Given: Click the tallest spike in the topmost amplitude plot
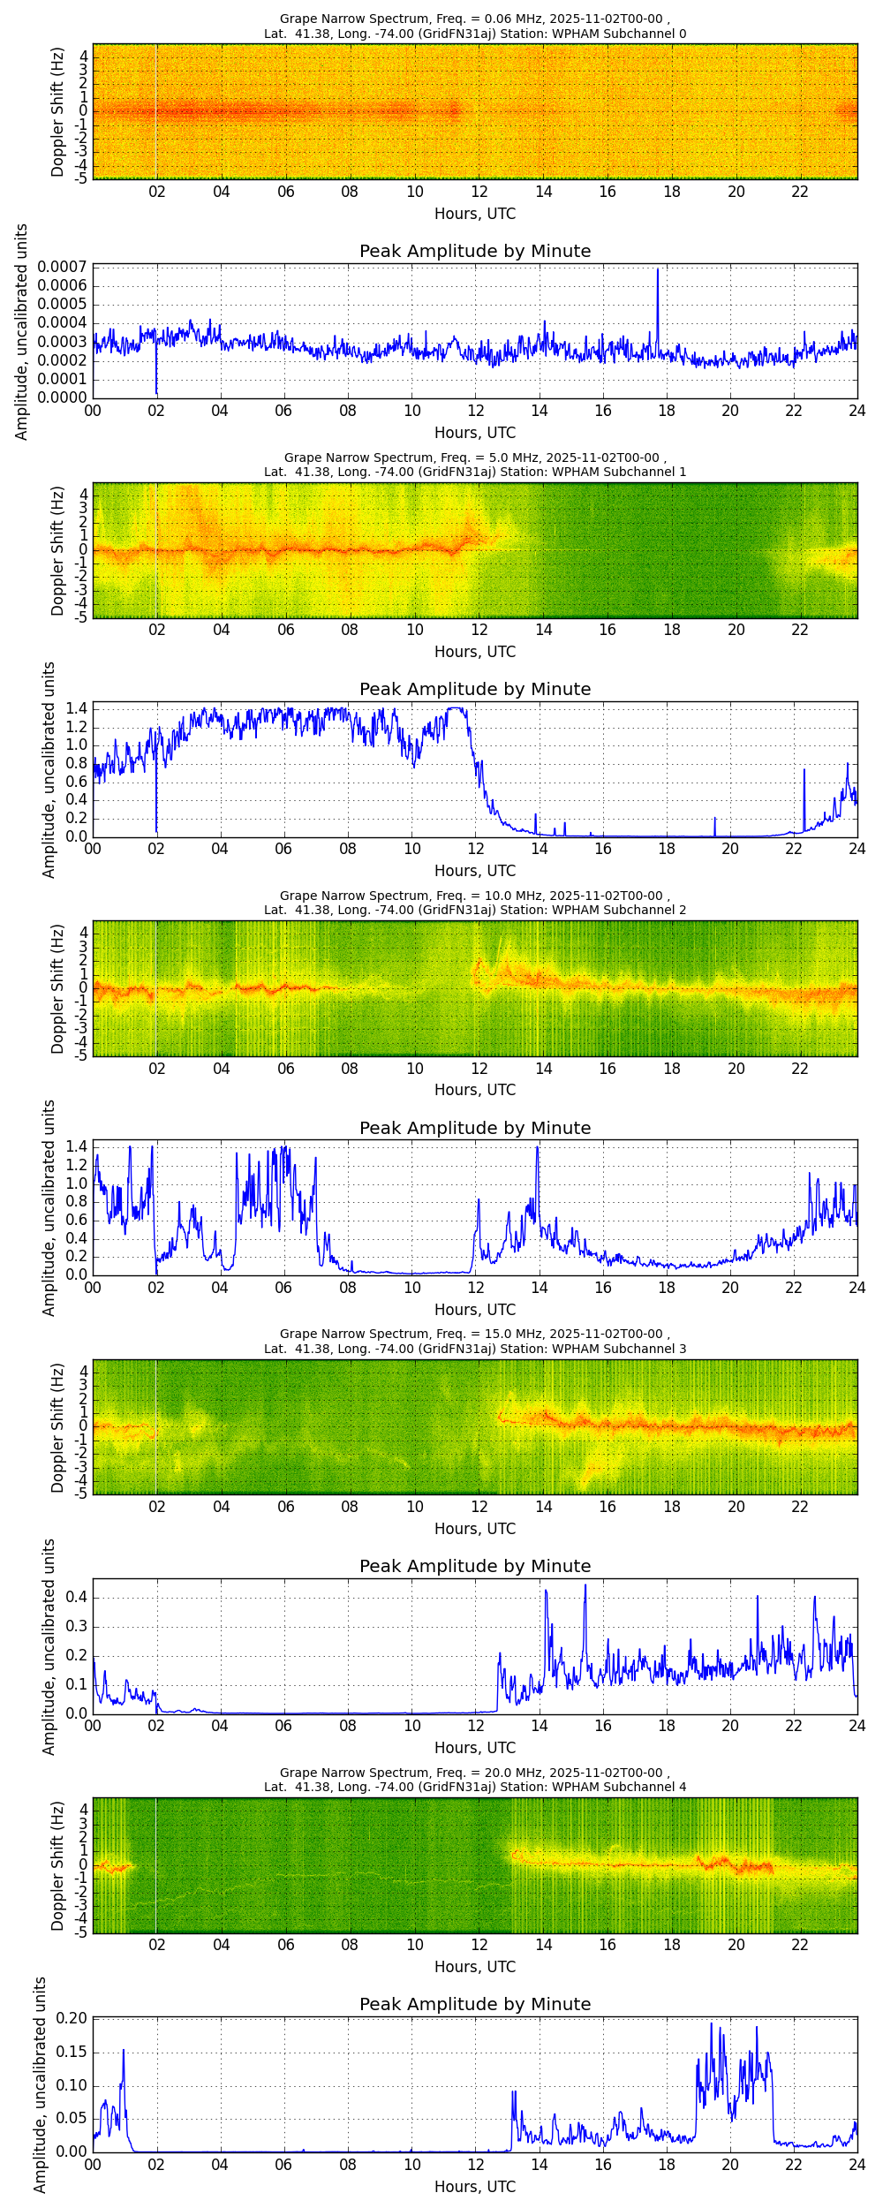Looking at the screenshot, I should (x=658, y=270).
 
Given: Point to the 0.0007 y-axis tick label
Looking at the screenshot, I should (x=62, y=267).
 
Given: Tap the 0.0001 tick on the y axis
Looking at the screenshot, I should (x=62, y=379).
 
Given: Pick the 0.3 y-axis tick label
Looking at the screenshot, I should (x=77, y=1627).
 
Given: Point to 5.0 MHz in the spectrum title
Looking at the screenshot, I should (x=511, y=457).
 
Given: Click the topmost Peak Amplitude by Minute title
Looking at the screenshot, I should (x=475, y=251).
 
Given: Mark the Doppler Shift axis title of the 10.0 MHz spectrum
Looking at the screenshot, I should (x=57, y=988).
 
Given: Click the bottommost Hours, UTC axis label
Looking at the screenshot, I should (x=475, y=2186).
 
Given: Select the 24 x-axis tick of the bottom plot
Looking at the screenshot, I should (x=857, y=2165).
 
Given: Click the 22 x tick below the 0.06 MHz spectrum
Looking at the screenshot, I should (x=800, y=192).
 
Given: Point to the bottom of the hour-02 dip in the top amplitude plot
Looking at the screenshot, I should (x=156, y=393).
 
